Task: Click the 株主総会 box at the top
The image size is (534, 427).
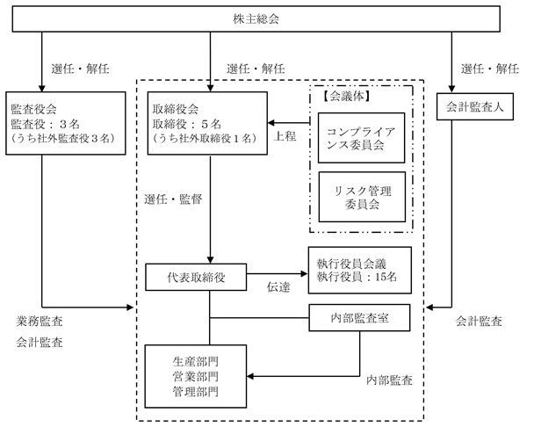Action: pos(256,18)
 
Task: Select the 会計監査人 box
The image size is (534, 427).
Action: pos(475,106)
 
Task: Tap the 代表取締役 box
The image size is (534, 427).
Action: pos(196,277)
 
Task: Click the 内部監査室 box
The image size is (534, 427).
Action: pos(359,317)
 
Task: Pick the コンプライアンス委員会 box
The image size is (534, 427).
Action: pos(361,138)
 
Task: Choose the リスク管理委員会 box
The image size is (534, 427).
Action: pos(362,197)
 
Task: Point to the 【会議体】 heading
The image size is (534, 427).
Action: pos(346,97)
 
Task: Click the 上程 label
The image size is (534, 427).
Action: pos(285,136)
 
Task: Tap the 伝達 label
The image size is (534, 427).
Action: pos(278,287)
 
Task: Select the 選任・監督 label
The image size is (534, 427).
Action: pos(173,199)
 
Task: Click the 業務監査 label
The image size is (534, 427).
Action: pos(40,321)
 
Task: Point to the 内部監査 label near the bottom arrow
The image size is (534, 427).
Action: pos(389,380)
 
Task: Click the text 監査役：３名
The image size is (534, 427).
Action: pos(46,124)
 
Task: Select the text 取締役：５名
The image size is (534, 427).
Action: pos(187,124)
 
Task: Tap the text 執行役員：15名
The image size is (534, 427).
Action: pos(357,277)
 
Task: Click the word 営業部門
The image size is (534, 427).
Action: pos(196,377)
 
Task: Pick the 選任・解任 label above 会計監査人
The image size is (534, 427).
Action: pos(490,69)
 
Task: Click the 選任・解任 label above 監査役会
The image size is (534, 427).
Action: pos(81,69)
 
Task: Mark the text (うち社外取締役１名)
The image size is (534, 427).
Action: pos(205,138)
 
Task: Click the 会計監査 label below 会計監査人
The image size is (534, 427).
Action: pos(479,321)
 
